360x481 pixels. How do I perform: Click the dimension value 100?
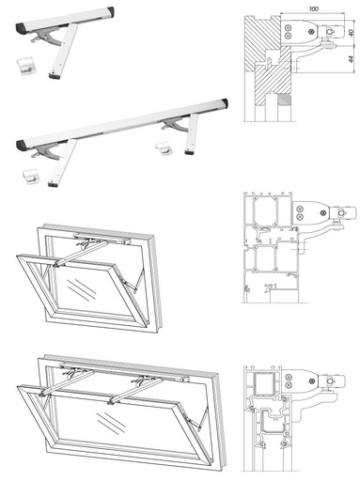(x=314, y=8)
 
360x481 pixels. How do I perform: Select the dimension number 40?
(x=352, y=32)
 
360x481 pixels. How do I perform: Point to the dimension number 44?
(x=352, y=58)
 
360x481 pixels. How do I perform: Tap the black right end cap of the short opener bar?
(x=111, y=12)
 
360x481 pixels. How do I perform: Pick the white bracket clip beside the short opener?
(x=25, y=66)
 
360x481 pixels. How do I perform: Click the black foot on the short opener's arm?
(x=55, y=75)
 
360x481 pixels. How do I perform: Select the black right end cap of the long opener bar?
(x=224, y=102)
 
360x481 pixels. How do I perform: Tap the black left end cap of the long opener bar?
(x=22, y=145)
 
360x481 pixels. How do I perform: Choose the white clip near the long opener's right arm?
(x=164, y=148)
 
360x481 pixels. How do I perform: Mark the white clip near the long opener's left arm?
(x=30, y=177)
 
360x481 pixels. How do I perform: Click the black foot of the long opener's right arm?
(x=189, y=152)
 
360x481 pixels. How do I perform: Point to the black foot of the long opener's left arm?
(x=53, y=184)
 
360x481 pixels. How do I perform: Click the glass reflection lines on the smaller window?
(x=82, y=289)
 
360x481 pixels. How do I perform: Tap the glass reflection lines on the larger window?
(x=111, y=423)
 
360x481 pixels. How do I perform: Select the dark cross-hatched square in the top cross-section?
(x=284, y=100)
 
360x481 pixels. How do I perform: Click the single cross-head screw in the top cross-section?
(x=311, y=32)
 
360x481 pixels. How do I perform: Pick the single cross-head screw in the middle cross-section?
(x=322, y=213)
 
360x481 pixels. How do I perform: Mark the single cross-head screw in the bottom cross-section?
(x=312, y=381)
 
